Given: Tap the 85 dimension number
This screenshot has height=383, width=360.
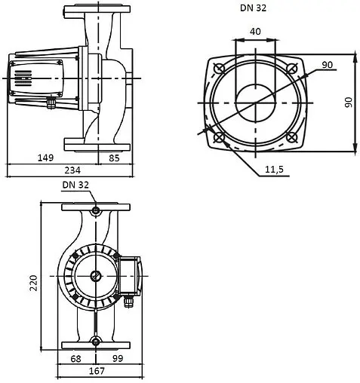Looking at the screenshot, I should point(114,157).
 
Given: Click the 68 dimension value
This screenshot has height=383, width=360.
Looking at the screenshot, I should point(76,358).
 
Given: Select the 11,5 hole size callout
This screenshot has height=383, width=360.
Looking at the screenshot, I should point(275,170).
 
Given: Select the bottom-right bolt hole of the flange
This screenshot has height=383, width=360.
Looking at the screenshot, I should point(292,138).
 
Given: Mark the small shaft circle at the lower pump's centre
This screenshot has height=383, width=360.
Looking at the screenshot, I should point(95,275).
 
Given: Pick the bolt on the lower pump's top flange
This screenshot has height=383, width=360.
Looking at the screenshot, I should point(95,209).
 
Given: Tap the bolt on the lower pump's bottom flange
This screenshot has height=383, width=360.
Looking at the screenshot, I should point(95,342).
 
